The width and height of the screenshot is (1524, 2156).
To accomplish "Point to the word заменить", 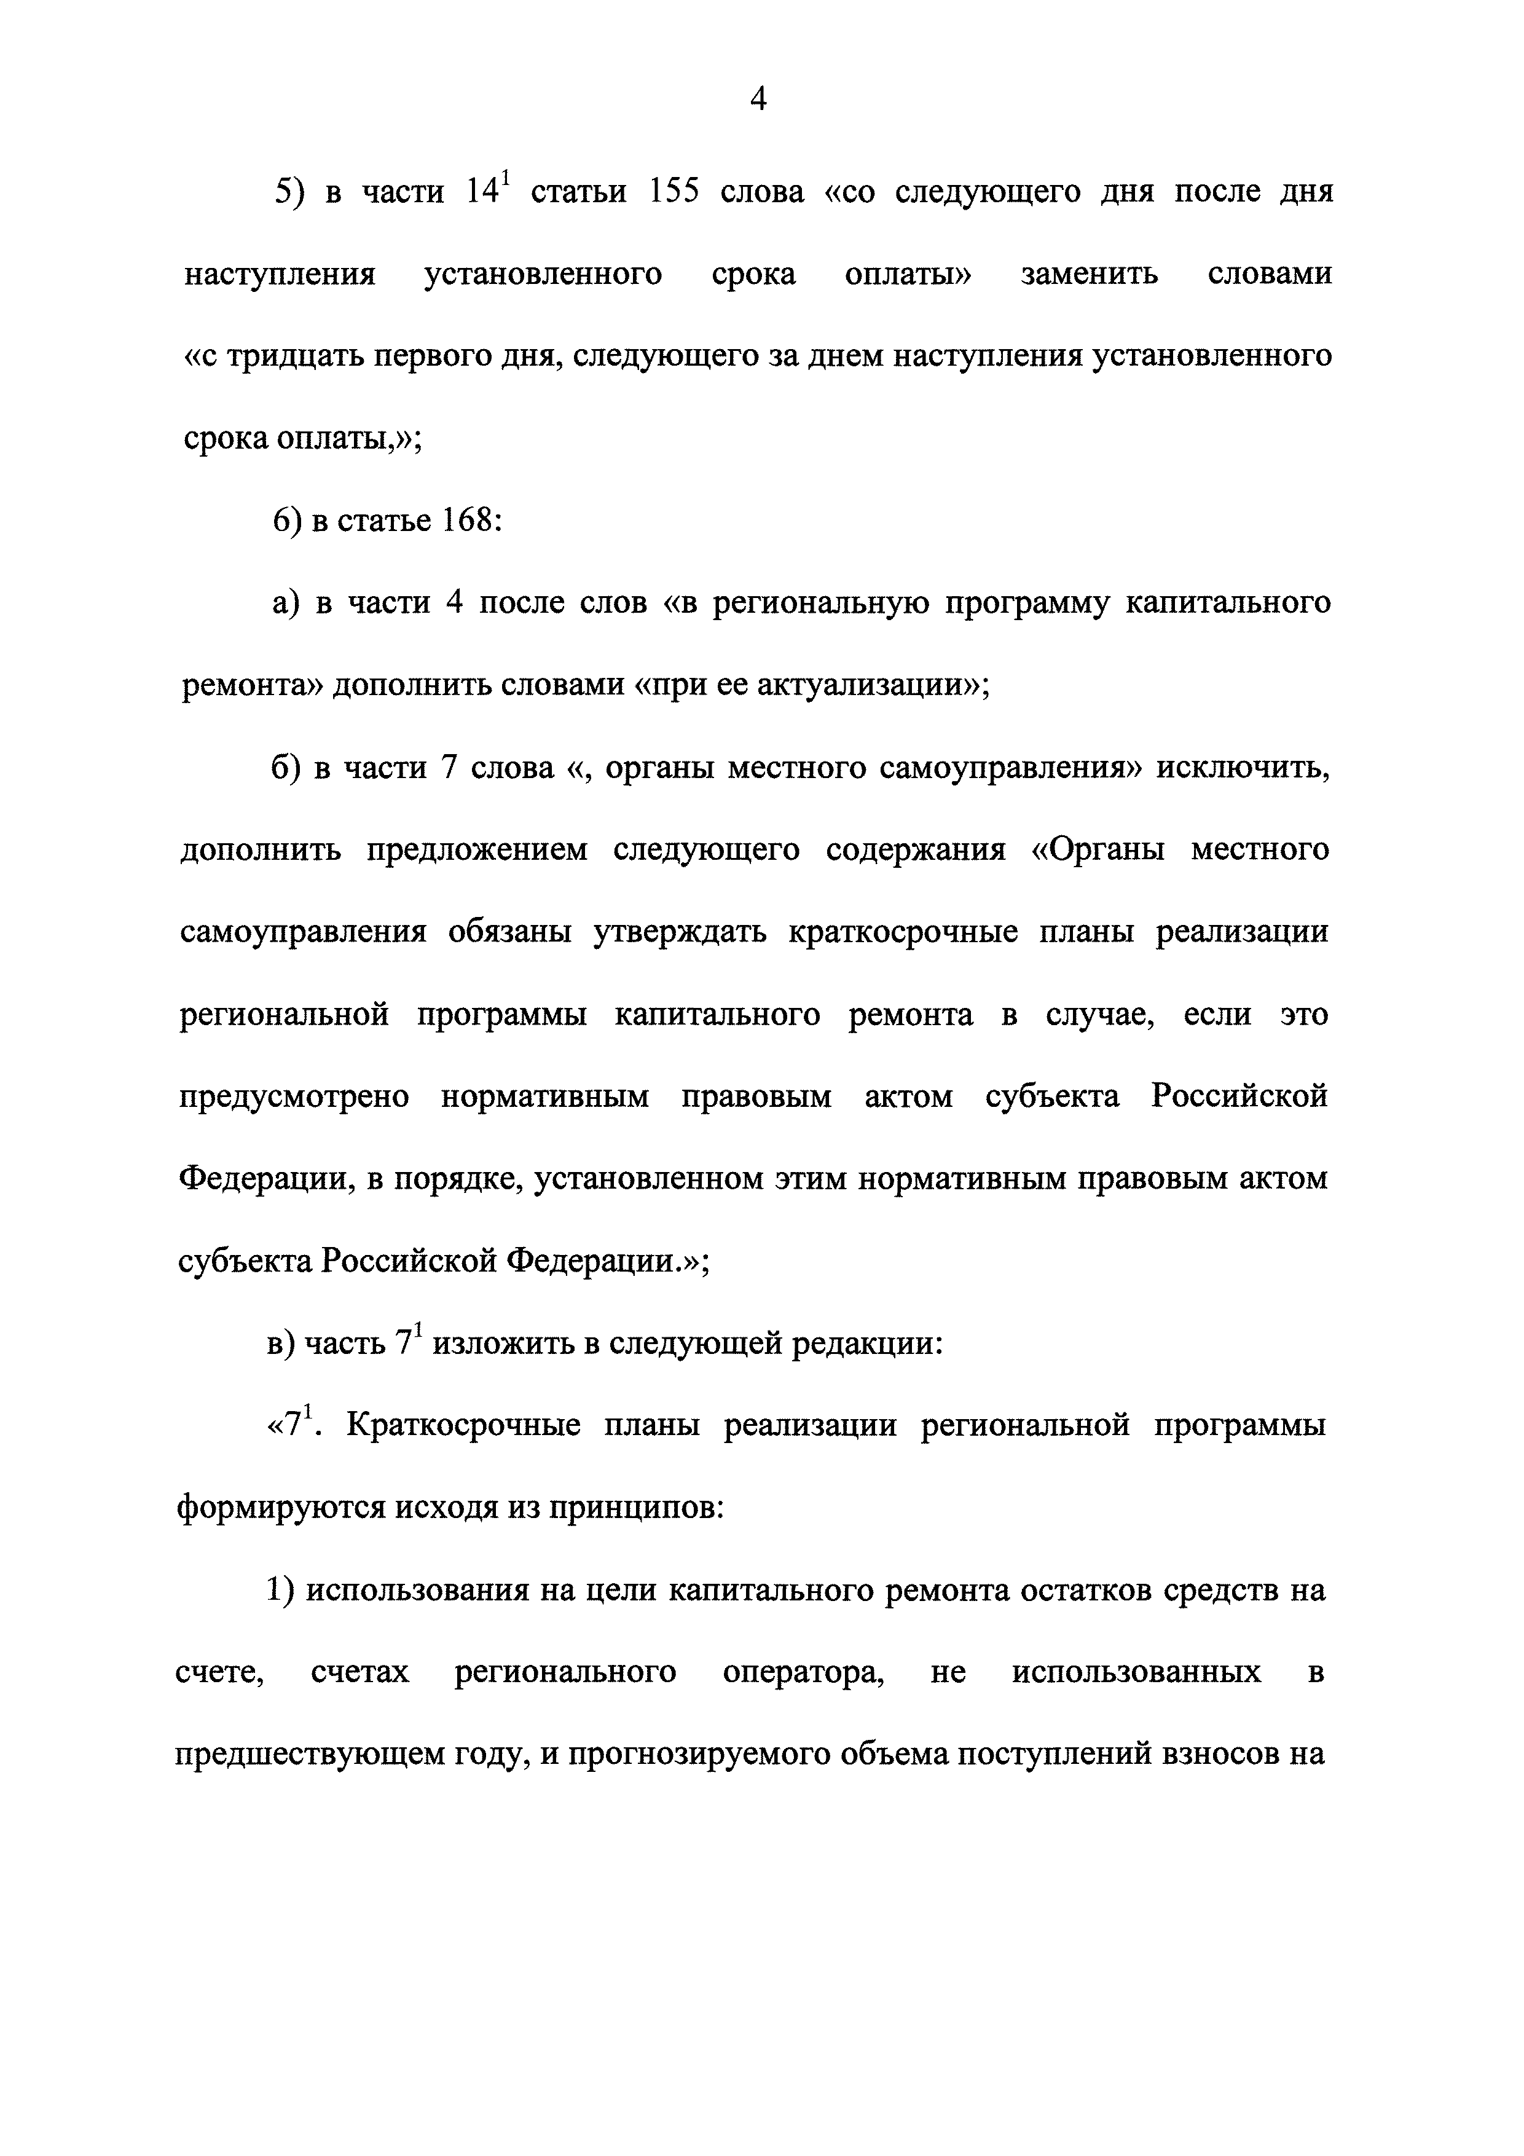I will (x=1090, y=274).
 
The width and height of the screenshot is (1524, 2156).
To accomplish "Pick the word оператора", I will (x=803, y=1672).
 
